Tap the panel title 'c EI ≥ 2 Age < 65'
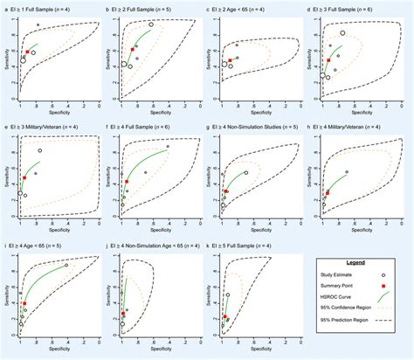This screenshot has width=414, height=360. click(247, 8)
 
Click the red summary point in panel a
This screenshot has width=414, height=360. click(28, 52)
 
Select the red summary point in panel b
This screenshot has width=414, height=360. click(133, 50)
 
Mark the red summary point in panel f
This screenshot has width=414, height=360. click(126, 182)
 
